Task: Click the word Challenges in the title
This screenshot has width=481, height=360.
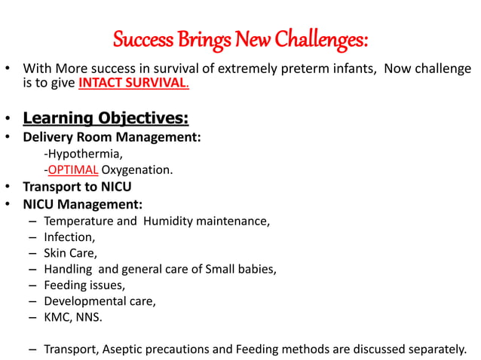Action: (x=322, y=38)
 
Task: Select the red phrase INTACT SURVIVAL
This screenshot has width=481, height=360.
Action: (x=133, y=83)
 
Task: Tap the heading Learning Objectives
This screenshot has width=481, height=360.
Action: (x=106, y=118)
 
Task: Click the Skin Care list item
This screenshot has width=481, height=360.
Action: (x=70, y=253)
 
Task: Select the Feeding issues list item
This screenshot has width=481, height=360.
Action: (x=84, y=285)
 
